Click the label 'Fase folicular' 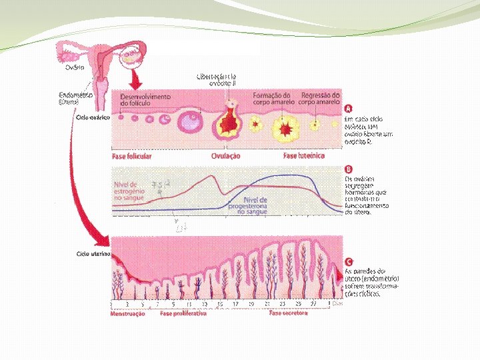[x=131, y=156]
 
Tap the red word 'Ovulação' [x=225, y=156]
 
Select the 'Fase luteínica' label [x=304, y=156]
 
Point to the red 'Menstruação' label [x=127, y=313]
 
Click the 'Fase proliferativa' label [x=183, y=313]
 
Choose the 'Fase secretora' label [x=288, y=313]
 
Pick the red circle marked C [x=348, y=261]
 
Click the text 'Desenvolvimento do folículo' [x=145, y=100]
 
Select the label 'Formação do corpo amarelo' [x=271, y=99]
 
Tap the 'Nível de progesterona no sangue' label [x=255, y=205]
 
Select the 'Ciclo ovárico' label [x=93, y=116]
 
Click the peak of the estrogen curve [x=213, y=177]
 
